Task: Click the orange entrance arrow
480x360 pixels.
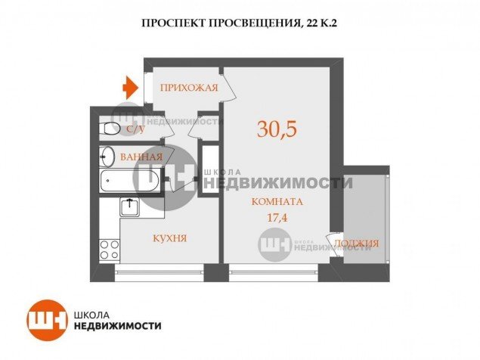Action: coord(131,88)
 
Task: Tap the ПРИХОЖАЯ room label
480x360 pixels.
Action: coord(189,88)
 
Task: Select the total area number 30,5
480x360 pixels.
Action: coord(277,129)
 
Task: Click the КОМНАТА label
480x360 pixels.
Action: coord(277,202)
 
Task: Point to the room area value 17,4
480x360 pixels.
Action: coord(277,218)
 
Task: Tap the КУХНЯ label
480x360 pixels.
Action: coord(170,238)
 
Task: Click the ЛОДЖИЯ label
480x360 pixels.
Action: coord(356,244)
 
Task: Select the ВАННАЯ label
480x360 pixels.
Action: coord(141,157)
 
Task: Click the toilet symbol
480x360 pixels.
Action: coord(110,129)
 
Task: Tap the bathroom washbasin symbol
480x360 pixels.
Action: coord(107,156)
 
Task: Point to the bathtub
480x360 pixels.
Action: coord(130,181)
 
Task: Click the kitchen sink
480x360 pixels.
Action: coord(129,206)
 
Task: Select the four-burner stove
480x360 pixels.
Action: coord(110,250)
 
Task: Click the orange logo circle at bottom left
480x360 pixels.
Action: coord(47,320)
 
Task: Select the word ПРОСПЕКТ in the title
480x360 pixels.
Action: coord(174,23)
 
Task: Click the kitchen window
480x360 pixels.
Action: coord(159,273)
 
